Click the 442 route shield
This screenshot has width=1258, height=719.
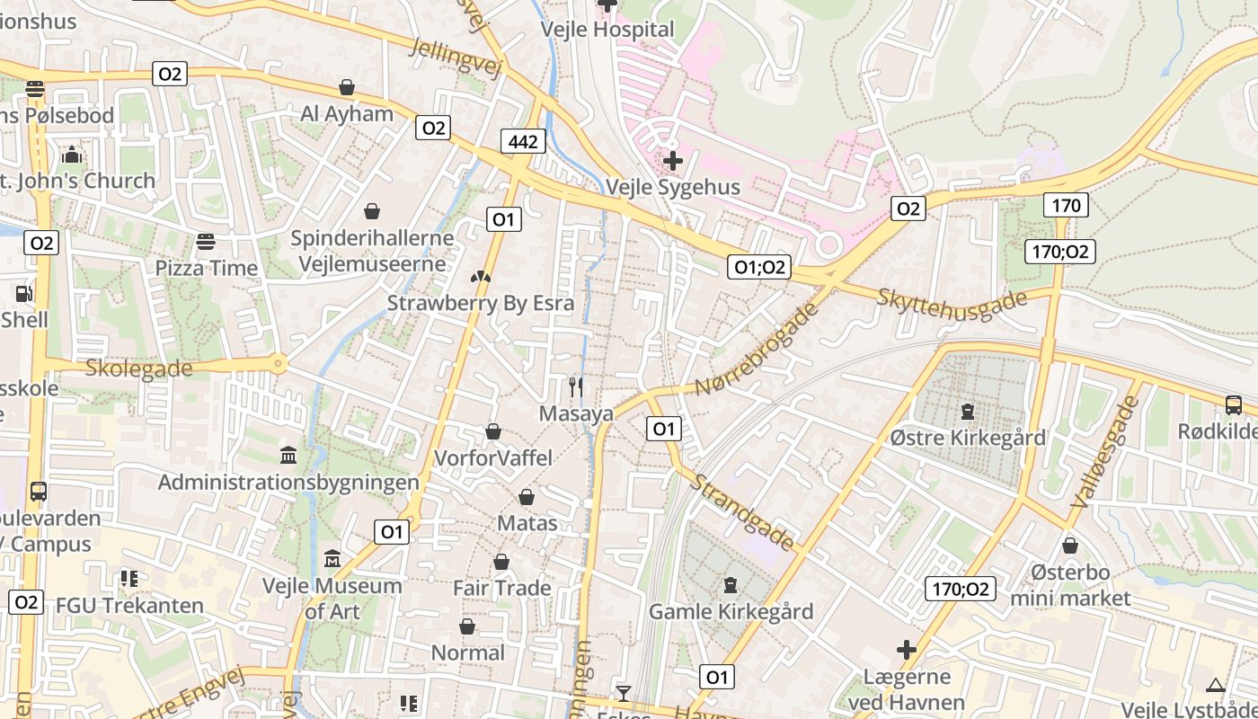523,141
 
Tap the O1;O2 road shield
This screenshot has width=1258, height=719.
759,266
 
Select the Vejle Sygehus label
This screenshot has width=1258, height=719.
673,187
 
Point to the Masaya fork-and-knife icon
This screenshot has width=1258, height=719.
576,387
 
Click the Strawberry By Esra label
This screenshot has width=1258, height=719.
480,303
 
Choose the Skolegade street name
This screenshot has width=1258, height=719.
138,368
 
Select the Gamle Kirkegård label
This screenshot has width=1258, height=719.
731,611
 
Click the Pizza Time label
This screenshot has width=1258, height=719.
206,268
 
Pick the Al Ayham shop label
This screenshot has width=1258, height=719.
347,114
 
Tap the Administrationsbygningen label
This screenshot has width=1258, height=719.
288,482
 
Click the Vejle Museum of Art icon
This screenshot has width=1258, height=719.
332,559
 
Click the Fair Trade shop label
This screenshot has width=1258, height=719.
501,588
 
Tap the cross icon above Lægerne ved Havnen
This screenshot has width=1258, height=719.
907,650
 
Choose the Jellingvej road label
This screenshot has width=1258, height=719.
454,58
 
